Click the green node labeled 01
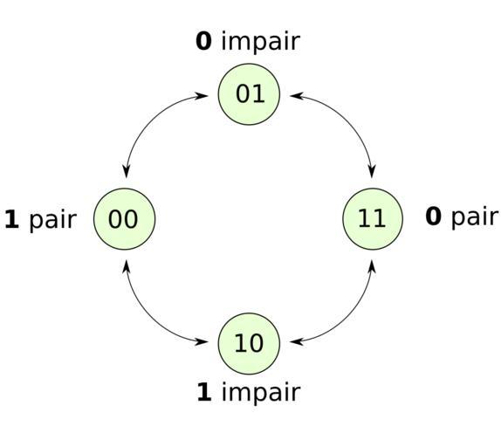(x=249, y=94)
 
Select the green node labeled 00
(x=124, y=219)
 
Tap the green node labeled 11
(x=373, y=219)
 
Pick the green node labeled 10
(x=249, y=343)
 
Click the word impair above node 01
(x=260, y=43)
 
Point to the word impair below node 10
(x=261, y=392)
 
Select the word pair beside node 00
(x=53, y=221)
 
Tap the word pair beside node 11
(x=475, y=217)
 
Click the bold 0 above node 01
(x=203, y=41)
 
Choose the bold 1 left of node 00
(x=12, y=219)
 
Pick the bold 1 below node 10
(x=204, y=391)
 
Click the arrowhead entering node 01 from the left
(x=202, y=95)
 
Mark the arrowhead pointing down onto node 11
(x=372, y=172)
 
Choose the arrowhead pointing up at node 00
(x=127, y=266)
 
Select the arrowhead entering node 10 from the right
(x=297, y=342)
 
